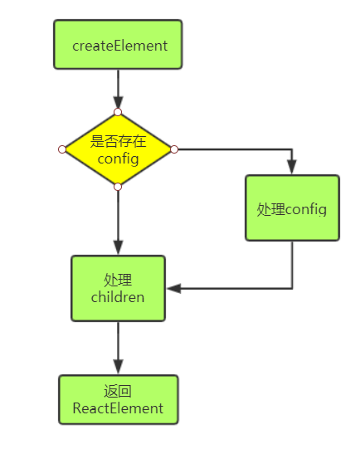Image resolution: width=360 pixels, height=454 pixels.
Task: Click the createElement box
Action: [x=118, y=45]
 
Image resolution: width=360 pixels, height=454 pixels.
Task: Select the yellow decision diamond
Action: [x=118, y=149]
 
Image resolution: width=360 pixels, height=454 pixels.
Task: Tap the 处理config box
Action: [x=292, y=208]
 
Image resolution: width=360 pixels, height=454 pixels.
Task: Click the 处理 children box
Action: [x=118, y=288]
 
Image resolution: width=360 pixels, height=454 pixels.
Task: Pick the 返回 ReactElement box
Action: [x=118, y=400]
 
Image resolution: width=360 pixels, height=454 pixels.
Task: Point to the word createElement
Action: [x=118, y=46]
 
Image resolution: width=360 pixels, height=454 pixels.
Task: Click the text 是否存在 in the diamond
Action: [x=118, y=142]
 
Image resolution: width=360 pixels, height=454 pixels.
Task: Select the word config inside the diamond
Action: [x=118, y=158]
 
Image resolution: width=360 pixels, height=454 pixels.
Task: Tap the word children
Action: [x=118, y=296]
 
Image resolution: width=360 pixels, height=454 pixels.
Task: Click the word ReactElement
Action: [x=118, y=408]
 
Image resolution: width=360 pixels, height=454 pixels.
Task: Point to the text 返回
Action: [x=118, y=392]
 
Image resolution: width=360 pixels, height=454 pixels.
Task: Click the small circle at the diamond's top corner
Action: [x=118, y=112]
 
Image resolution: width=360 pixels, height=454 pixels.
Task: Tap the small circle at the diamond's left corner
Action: [x=62, y=149]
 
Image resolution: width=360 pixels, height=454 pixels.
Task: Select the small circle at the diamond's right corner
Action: [x=174, y=149]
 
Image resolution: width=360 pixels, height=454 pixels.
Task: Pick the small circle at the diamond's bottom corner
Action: [x=118, y=187]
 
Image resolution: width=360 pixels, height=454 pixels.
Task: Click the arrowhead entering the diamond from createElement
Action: [x=118, y=104]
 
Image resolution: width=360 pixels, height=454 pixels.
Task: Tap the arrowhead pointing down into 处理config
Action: [x=292, y=167]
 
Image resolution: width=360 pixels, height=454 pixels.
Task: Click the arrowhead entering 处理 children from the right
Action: [x=173, y=289]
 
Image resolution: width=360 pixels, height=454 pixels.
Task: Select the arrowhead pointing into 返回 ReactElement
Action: [x=118, y=367]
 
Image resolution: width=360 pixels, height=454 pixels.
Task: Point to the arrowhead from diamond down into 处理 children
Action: [x=118, y=247]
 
